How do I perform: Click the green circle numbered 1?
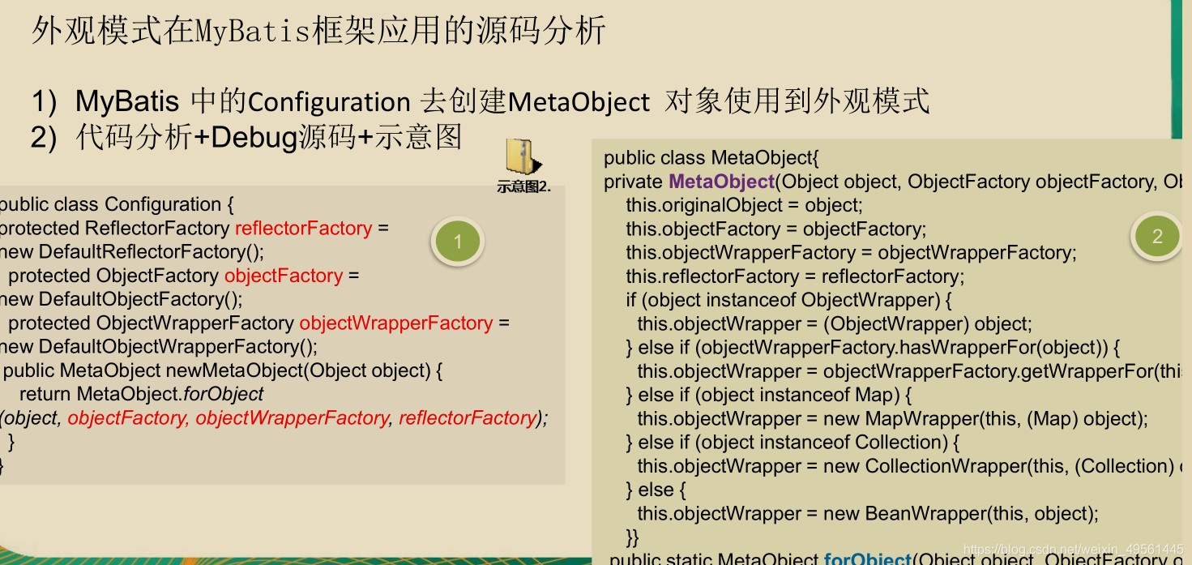click(x=457, y=241)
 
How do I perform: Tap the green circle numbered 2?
click(x=1156, y=236)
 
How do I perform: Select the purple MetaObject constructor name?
click(x=721, y=182)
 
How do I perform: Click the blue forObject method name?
click(x=867, y=559)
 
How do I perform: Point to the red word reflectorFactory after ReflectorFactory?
click(x=303, y=229)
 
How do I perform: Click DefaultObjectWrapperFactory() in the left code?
click(x=178, y=347)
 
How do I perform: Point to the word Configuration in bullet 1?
click(x=328, y=103)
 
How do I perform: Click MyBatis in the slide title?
click(x=252, y=31)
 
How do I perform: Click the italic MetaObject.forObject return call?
click(x=170, y=394)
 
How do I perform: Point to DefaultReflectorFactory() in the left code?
click(x=152, y=252)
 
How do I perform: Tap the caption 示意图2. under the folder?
click(x=523, y=186)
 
